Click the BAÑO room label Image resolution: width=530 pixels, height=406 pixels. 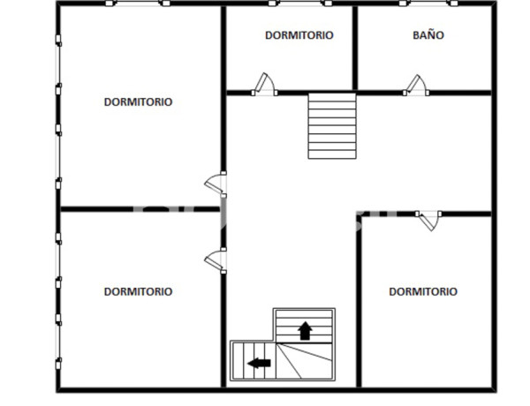(428, 35)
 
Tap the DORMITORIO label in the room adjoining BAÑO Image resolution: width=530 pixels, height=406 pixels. (299, 35)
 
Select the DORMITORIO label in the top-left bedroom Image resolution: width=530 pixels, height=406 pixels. (138, 101)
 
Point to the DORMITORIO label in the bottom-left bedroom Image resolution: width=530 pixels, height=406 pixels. (138, 291)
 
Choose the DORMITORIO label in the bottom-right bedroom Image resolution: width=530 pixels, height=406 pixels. (423, 291)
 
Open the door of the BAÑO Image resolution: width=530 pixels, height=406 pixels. (414, 85)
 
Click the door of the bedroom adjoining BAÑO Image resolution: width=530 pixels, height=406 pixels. (262, 85)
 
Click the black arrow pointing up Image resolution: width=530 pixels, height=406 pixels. (305, 331)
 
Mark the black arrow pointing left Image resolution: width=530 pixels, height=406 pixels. (259, 362)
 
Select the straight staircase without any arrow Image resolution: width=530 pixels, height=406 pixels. (332, 126)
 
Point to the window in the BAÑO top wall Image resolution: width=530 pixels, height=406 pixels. (422, 4)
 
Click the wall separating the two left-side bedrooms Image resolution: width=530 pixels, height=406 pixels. (138, 209)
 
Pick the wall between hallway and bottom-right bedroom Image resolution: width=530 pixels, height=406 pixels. (360, 300)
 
